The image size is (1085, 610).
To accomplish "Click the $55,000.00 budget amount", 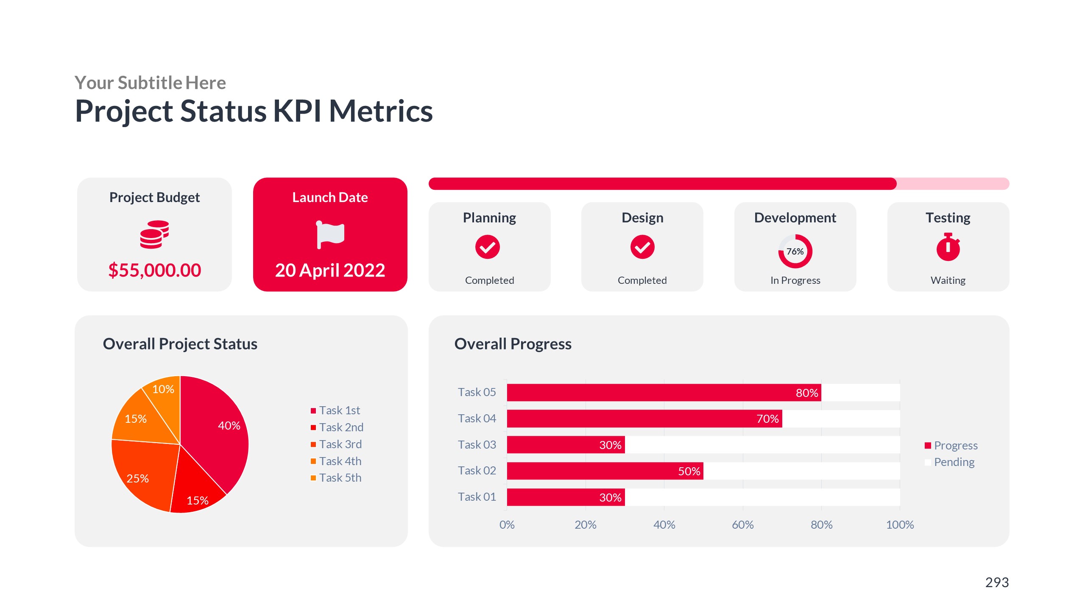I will coord(154,270).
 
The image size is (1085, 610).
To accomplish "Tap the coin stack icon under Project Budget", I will coord(154,234).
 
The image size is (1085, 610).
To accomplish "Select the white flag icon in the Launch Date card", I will coord(330,234).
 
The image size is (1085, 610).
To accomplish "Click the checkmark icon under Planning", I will coord(487,247).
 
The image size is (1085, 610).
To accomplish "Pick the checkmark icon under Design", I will coord(642,247).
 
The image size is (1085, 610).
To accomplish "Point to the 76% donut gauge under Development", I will coord(795,251).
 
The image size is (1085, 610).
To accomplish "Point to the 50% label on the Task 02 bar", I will coord(689,471).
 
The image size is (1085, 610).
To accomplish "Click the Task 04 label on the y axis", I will coord(477,419).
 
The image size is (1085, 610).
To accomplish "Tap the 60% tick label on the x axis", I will coord(742,525).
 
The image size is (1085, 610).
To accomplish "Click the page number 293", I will coord(996,582).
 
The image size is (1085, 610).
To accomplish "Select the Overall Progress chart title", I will coord(513,344).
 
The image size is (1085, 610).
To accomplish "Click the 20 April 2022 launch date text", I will coord(330,270).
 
